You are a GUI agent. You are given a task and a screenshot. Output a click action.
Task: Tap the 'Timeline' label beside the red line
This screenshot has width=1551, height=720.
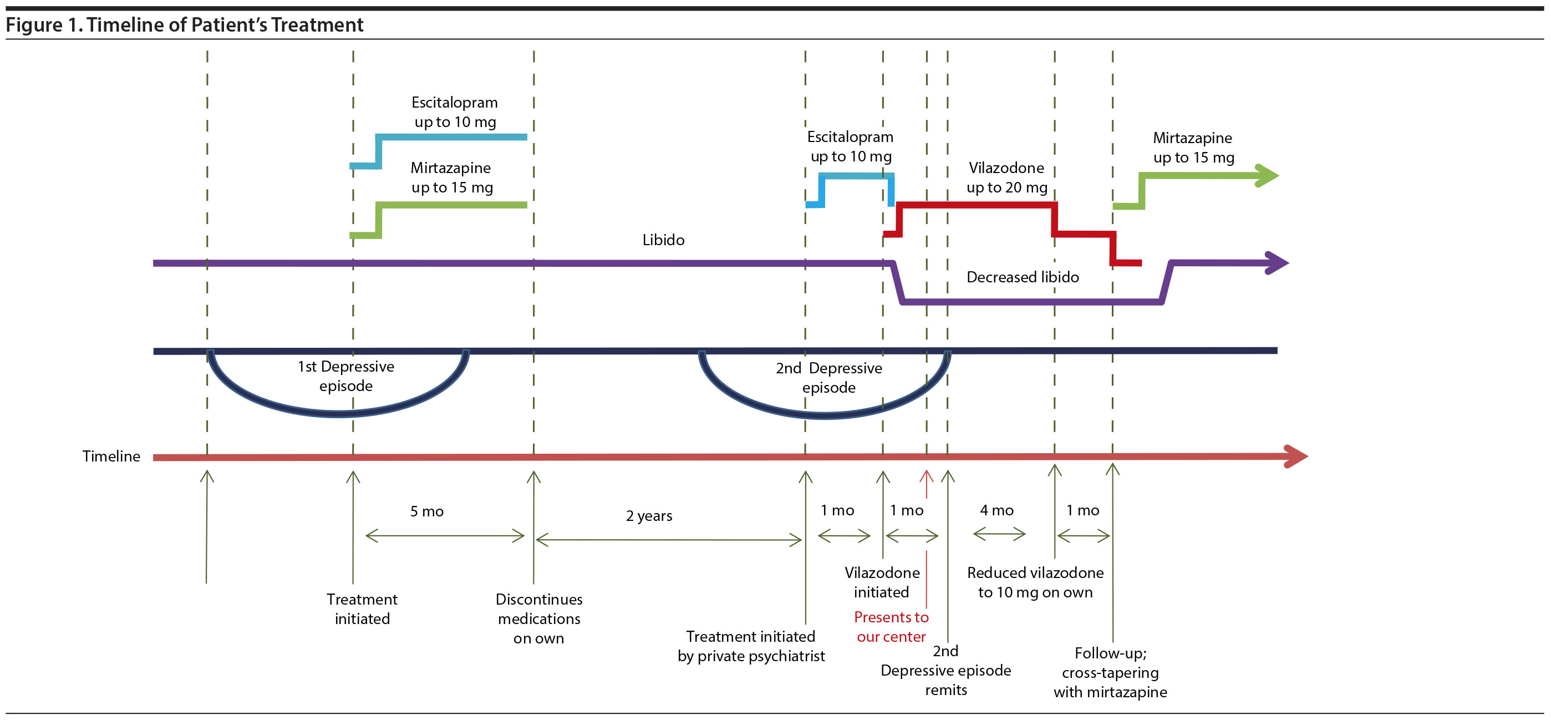111,456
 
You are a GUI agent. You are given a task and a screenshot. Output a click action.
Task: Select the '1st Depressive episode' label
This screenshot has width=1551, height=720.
345,376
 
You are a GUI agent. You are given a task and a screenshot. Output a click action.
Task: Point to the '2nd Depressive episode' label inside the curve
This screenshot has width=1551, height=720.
828,378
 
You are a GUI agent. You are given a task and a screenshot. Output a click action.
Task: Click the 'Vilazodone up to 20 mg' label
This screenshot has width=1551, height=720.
1006,177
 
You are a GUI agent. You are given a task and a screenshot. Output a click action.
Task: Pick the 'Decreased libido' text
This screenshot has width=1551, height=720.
1023,277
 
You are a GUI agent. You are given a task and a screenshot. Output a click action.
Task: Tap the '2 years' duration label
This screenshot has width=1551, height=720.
648,516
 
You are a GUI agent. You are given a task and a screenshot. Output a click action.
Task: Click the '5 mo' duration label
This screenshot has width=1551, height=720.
427,511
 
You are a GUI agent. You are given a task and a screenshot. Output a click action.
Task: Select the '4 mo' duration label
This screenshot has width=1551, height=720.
996,510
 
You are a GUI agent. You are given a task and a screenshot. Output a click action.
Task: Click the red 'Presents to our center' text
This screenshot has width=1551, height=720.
891,627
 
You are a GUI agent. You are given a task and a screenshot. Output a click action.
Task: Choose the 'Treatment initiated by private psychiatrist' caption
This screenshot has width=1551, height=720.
751,646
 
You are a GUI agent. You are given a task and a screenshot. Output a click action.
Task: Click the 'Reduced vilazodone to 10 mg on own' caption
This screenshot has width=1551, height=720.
1035,582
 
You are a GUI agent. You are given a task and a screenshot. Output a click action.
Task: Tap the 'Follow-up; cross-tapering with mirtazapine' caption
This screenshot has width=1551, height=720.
1110,672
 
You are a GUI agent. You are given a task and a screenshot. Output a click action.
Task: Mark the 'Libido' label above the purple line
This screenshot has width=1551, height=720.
663,240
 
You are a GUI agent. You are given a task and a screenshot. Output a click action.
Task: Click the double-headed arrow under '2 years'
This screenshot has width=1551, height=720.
668,540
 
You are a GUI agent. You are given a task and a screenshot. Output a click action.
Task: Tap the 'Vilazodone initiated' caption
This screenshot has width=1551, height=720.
882,582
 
